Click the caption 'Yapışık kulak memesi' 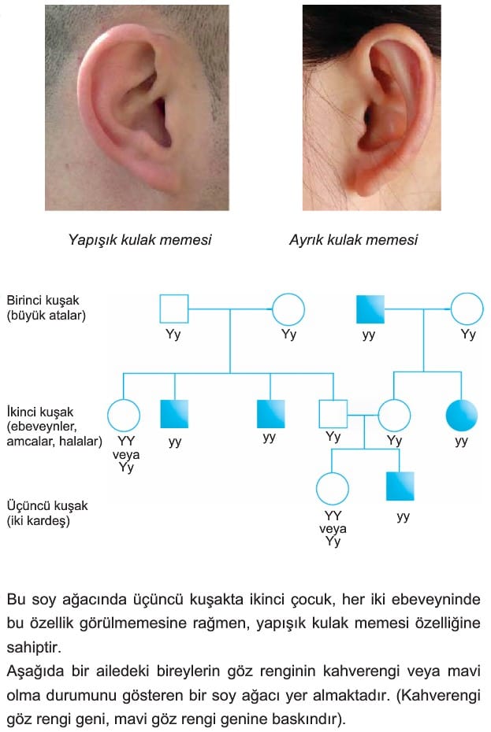[139, 240]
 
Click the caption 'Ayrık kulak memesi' [353, 240]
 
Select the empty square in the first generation [174, 309]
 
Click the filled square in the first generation [370, 309]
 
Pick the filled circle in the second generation [462, 415]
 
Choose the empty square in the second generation [333, 414]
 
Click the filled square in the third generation [400, 486]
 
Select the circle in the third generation [332, 489]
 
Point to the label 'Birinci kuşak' [43, 300]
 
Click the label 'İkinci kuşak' [40, 412]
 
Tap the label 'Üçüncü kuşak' [47, 505]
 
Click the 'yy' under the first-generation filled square [369, 335]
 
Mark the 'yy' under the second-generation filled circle [462, 442]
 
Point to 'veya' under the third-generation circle [333, 529]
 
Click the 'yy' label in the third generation [403, 516]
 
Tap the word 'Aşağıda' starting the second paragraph [35, 671]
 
